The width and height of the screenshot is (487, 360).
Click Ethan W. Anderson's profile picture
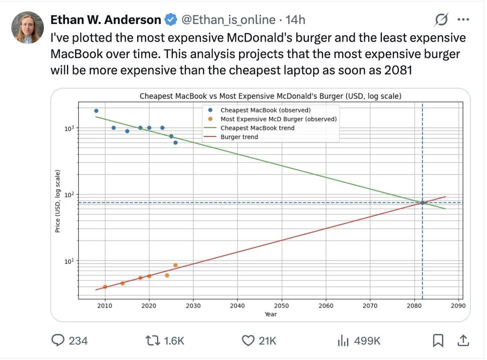coord(28,27)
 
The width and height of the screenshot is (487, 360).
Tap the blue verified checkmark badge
coord(171,20)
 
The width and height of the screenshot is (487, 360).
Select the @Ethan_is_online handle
coord(228,20)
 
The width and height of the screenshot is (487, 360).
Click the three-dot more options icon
coord(463,20)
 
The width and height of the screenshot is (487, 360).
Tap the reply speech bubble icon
coord(59,341)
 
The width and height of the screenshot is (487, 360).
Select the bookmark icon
coord(437,341)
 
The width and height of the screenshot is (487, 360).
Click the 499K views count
coord(367,341)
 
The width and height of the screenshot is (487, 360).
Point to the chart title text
coord(270,96)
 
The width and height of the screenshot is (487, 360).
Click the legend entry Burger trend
coord(239,137)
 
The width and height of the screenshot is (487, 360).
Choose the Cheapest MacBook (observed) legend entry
coord(266,110)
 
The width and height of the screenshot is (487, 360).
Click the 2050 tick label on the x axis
coord(282,306)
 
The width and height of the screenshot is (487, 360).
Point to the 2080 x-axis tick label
coord(414,306)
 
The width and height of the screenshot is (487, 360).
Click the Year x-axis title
coord(271,314)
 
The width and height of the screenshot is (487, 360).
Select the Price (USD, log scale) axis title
coord(58,201)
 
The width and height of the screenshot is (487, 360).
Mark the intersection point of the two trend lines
coord(422,203)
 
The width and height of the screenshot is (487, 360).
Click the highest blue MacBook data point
coord(96,111)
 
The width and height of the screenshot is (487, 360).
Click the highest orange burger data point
coord(175,265)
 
